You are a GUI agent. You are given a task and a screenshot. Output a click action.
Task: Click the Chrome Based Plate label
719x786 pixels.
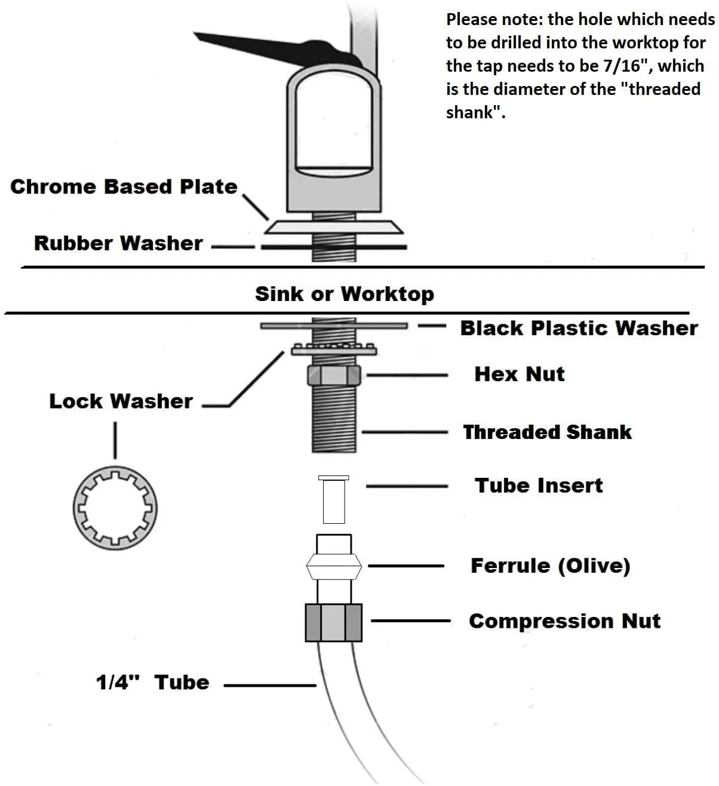[124, 186]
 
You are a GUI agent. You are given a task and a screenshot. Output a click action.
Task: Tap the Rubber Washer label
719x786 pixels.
[118, 243]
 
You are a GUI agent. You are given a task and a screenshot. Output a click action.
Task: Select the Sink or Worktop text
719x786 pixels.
[345, 294]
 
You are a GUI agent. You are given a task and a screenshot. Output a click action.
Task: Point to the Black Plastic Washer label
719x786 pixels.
[578, 328]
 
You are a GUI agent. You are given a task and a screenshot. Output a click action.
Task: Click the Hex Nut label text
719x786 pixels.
[519, 374]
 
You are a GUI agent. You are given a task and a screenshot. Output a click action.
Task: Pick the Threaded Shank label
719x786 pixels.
[547, 432]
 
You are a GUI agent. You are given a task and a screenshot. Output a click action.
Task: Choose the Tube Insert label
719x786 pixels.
[539, 485]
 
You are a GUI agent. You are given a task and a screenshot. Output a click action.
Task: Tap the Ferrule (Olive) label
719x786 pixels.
[550, 566]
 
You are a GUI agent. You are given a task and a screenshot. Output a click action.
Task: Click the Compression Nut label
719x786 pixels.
[564, 621]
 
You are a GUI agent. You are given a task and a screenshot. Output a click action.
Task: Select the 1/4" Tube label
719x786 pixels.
[153, 682]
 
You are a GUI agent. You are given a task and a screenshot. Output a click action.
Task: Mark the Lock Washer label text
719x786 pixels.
[121, 401]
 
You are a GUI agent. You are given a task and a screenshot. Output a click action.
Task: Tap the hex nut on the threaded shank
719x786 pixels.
[333, 376]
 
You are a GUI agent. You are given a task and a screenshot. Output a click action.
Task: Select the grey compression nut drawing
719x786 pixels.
[334, 622]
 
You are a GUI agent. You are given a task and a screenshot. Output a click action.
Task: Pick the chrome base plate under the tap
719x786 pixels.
[334, 227]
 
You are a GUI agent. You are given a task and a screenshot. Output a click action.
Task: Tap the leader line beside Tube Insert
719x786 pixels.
[407, 487]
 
